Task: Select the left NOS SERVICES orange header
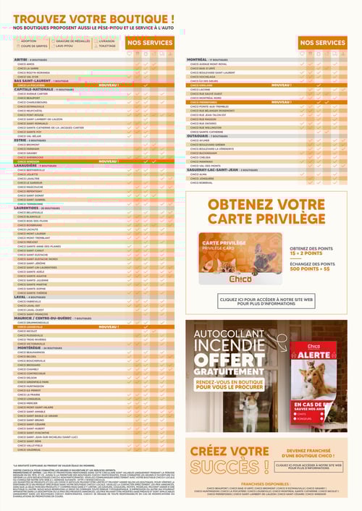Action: click(x=150, y=43)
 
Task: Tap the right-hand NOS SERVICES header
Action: click(x=321, y=43)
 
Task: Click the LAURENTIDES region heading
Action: click(x=27, y=207)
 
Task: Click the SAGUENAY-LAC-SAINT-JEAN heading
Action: click(x=217, y=169)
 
